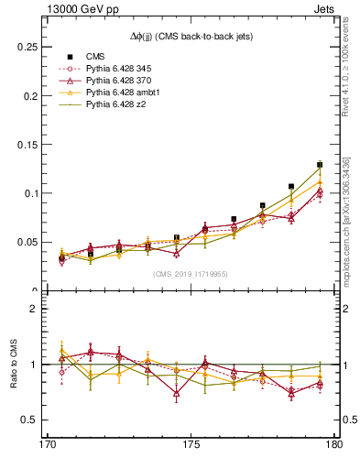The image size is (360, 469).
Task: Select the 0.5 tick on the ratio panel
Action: (27, 420)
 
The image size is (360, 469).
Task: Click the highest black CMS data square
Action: (320, 165)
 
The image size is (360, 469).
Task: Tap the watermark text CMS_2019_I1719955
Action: (191, 273)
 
